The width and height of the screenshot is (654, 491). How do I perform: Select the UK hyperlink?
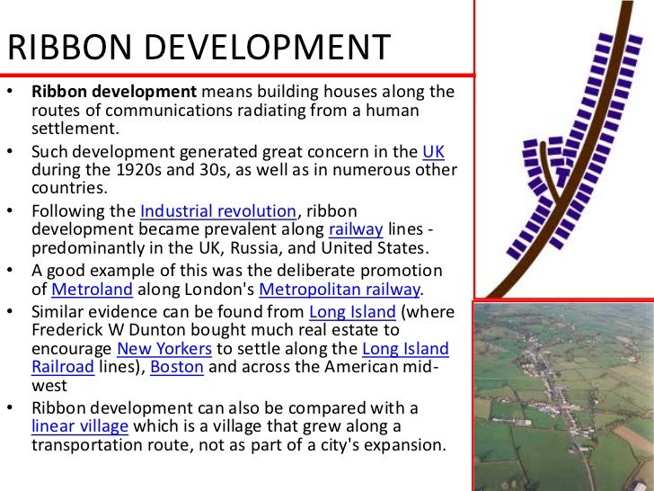432,150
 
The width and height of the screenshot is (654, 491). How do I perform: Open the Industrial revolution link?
218,211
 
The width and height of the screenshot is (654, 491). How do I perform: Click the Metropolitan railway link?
340,290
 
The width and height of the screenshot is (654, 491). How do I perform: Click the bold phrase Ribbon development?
114,91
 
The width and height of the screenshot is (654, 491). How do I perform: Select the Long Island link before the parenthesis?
352,312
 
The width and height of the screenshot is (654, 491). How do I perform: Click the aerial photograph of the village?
563,396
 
